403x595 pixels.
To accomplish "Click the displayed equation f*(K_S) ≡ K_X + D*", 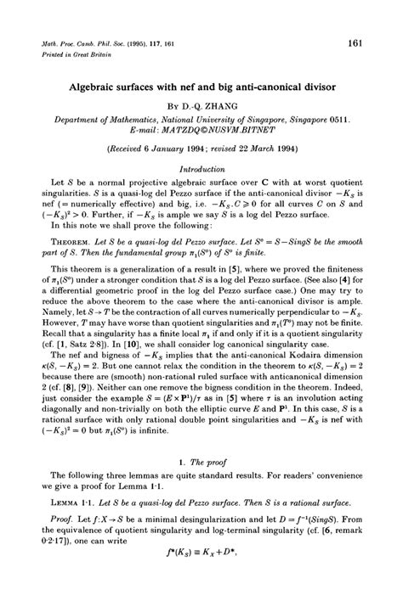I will [x=201, y=586].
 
